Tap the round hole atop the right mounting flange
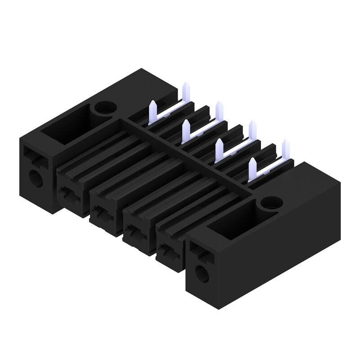click(x=271, y=203)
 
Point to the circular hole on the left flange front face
click(x=36, y=179)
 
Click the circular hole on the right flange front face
click(x=202, y=273)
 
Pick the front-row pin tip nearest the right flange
click(x=252, y=163)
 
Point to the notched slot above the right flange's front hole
click(x=200, y=252)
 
